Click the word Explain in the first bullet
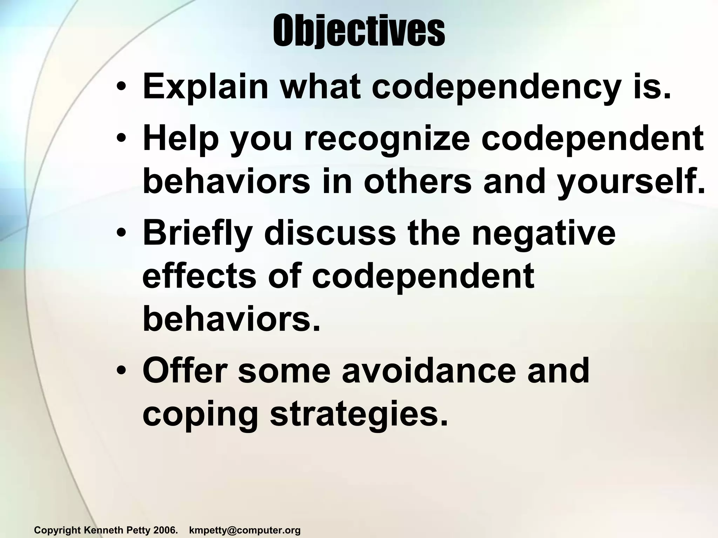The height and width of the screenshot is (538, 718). point(205,87)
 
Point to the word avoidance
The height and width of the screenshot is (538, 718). point(429,371)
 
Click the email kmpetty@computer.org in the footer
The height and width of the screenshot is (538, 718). point(245,530)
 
